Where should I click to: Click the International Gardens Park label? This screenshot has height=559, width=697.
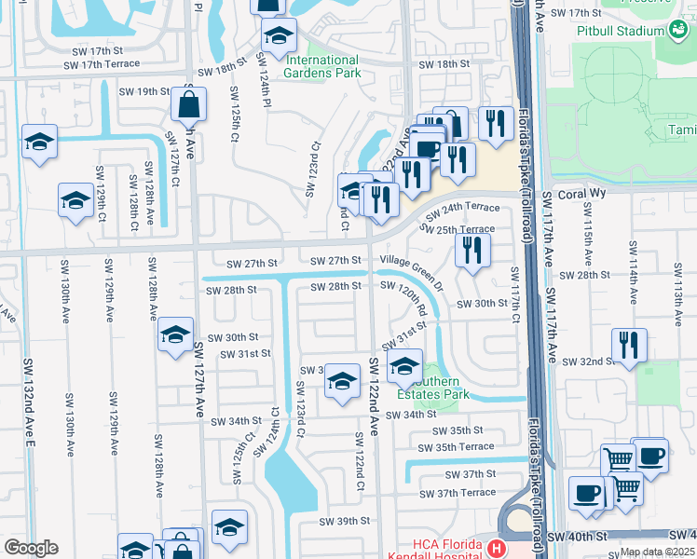(321, 65)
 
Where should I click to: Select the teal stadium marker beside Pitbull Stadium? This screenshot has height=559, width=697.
(677, 31)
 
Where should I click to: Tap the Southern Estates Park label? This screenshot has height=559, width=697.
(430, 388)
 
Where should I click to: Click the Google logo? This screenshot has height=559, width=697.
(31, 548)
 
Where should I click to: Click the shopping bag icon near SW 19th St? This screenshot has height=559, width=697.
(188, 104)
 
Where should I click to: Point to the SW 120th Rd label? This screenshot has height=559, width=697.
(416, 299)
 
